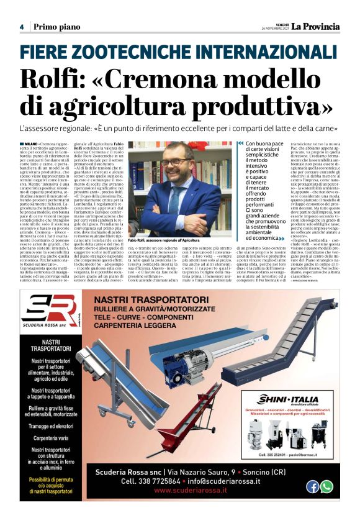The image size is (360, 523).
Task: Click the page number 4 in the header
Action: pos(22,27)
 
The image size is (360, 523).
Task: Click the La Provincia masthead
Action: pos(316,27)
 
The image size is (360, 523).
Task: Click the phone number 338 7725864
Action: pos(151,481)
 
